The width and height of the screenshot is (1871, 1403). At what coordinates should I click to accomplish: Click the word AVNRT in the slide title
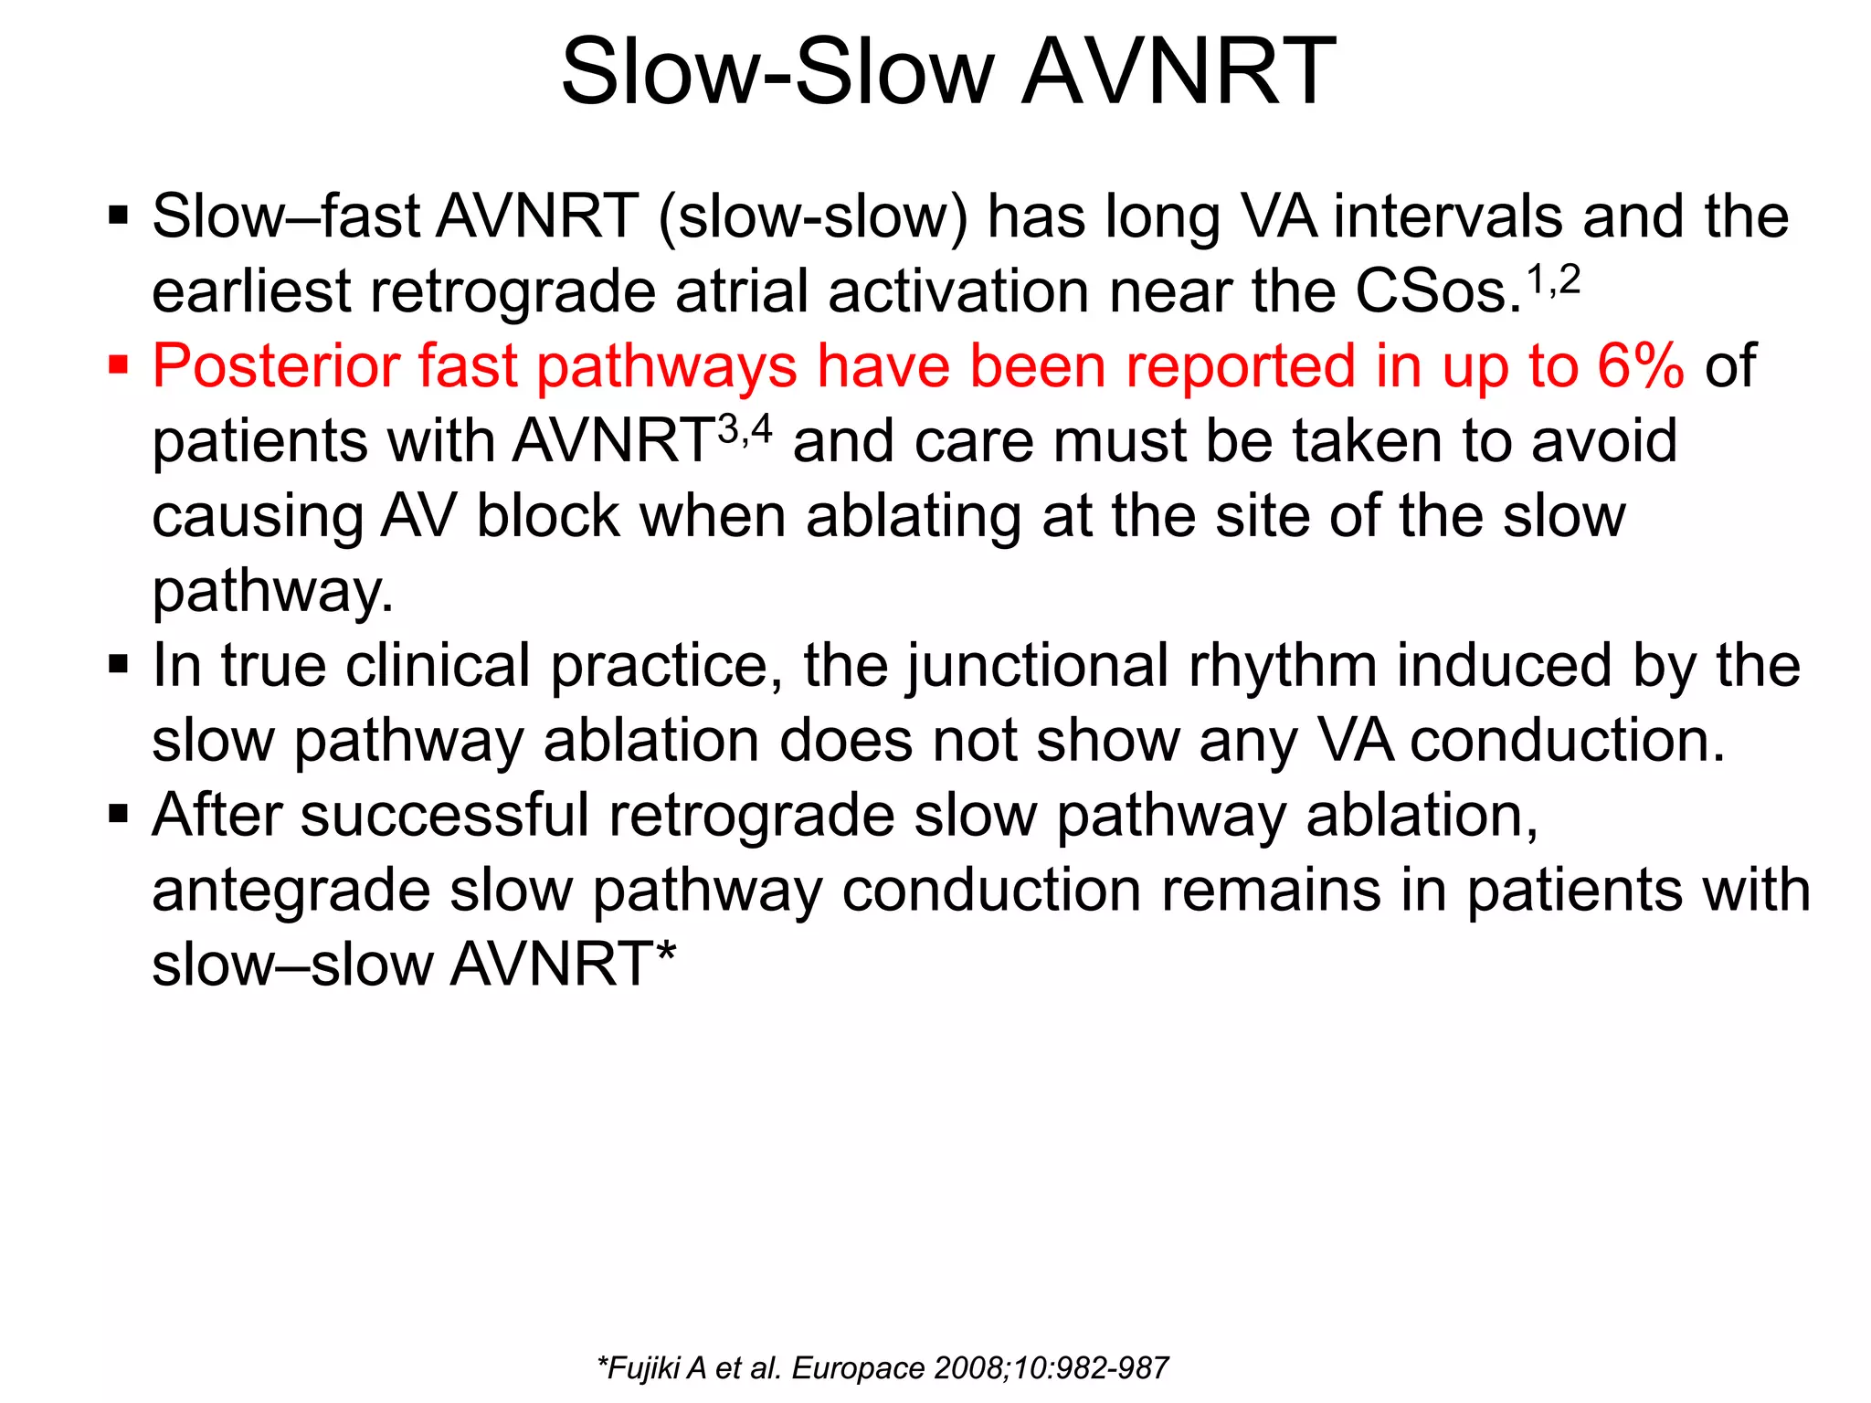[1179, 73]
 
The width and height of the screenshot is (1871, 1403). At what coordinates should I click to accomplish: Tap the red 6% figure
[1640, 366]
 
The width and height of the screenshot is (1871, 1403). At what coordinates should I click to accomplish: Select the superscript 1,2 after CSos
[1554, 280]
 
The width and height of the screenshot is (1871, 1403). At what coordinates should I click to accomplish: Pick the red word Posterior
[275, 366]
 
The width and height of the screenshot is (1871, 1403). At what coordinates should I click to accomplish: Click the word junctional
[1038, 666]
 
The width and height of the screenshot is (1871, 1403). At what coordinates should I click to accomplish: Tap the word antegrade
[291, 891]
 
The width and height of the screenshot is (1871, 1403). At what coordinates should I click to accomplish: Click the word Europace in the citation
[858, 1368]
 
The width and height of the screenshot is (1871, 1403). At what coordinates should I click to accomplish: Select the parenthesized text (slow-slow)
[812, 217]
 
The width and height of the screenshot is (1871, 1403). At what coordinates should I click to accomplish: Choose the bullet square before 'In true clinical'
[118, 665]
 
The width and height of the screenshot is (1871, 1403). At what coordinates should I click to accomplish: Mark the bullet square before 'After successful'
[118, 814]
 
